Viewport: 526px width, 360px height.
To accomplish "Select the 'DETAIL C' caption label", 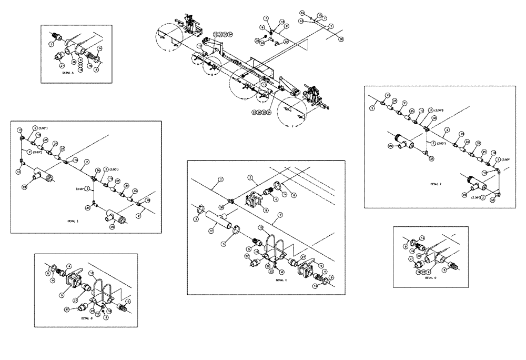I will [x=281, y=281].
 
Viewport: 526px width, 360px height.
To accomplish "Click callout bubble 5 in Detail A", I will [x=52, y=45].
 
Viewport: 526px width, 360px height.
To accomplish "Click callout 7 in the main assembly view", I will [x=267, y=18].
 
